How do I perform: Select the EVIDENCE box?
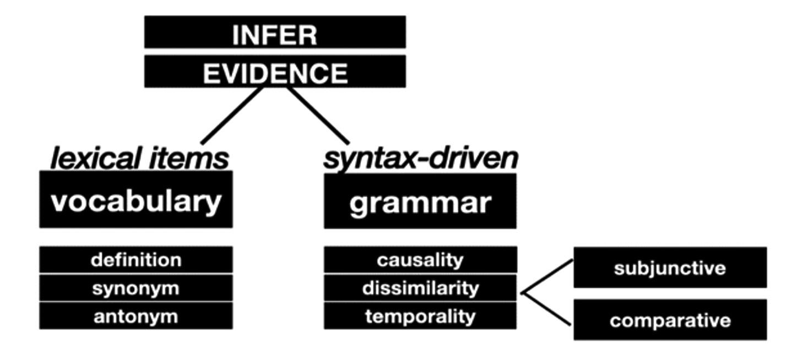pos(275,72)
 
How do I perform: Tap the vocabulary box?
pos(135,200)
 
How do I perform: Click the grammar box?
pos(420,201)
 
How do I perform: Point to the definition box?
pos(135,259)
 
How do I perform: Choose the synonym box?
pos(135,288)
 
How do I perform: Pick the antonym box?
pos(135,317)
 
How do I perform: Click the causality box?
pos(420,259)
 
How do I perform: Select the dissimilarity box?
pos(420,288)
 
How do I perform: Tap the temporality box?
pos(420,317)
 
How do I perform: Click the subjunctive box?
pos(670,268)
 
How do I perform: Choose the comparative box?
pos(670,320)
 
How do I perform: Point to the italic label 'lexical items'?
pos(139,159)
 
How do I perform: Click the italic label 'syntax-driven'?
pos(420,159)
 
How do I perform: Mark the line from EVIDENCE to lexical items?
pos(231,116)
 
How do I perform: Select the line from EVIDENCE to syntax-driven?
pos(318,116)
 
